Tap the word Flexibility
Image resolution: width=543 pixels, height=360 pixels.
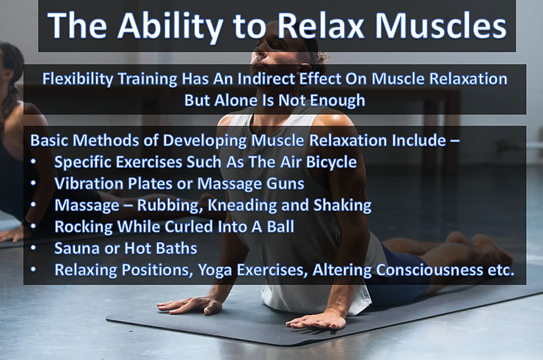[79, 79]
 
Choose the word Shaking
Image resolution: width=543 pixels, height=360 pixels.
[340, 205]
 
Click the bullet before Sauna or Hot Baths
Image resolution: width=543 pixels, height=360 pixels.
[34, 249]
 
